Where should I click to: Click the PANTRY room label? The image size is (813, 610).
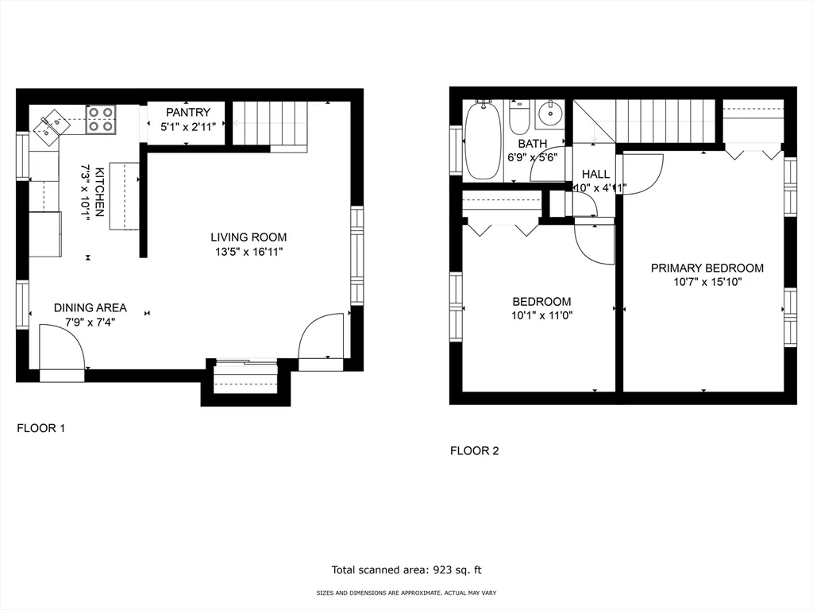[x=188, y=113]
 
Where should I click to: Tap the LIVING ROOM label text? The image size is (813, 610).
[x=249, y=237]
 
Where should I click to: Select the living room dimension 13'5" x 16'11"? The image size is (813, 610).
[x=249, y=252]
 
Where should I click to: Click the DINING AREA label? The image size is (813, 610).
[x=90, y=308]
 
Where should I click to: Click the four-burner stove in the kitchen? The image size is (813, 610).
[x=100, y=119]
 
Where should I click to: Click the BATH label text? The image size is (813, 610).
[x=532, y=144]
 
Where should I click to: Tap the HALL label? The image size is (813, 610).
[x=595, y=174]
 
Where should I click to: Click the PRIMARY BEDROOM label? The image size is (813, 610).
[x=707, y=268]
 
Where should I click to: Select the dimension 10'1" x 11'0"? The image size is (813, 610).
[x=541, y=315]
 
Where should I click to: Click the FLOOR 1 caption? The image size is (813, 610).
[x=40, y=428]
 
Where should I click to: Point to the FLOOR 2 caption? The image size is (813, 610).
[x=474, y=451]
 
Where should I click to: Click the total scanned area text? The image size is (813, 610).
[x=406, y=569]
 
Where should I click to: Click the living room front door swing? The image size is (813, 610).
[x=322, y=337]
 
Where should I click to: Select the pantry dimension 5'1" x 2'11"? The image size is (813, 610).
[x=188, y=126]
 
